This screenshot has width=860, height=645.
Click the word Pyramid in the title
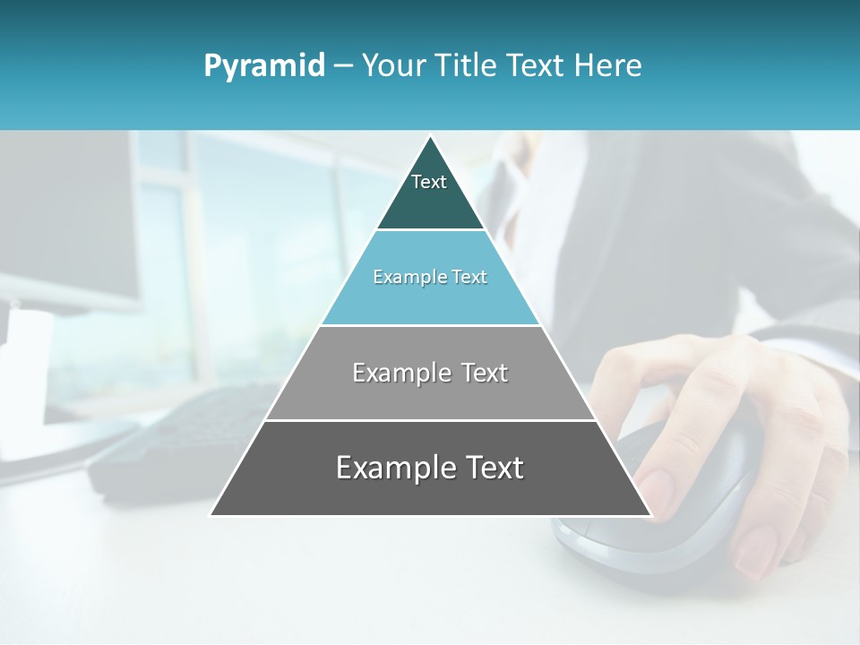coord(264,66)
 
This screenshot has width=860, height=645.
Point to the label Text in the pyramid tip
coord(429,182)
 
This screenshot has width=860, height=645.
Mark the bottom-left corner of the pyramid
coord(211,514)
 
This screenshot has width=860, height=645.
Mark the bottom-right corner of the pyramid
coord(650,514)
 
